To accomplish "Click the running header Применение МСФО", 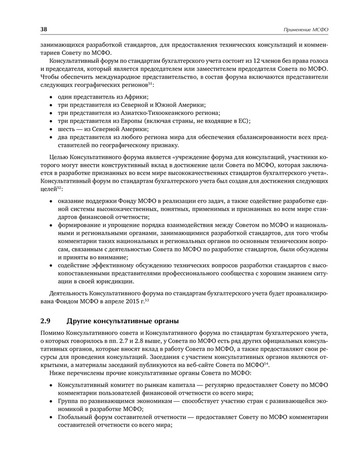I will (307, 30).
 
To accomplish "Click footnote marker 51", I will (150, 84).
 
